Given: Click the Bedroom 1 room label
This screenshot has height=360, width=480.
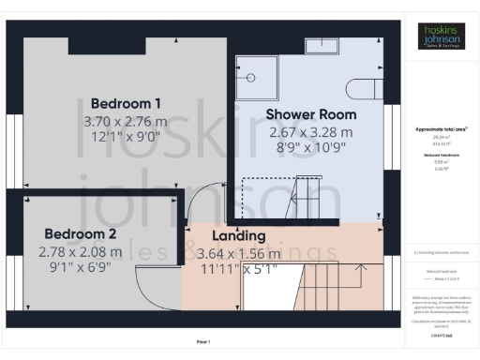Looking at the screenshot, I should tap(126, 103).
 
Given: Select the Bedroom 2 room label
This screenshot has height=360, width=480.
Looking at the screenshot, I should tap(80, 234).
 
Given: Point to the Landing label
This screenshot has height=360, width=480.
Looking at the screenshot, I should tap(238, 236).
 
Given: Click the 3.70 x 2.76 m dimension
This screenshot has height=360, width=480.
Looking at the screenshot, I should tap(126, 122).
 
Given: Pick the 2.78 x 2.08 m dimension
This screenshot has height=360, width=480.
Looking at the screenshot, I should tap(80, 252).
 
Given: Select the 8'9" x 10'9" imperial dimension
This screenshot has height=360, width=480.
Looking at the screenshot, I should tap(310, 149).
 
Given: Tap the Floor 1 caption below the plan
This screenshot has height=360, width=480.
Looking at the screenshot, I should tap(202, 341).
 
